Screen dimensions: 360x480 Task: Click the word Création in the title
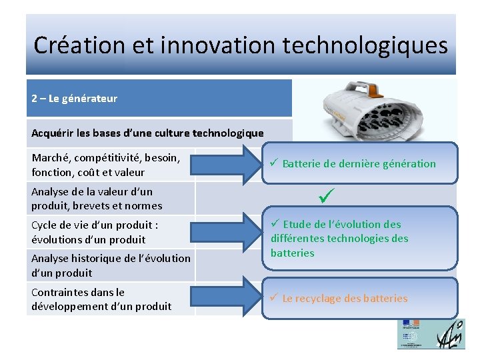click(73, 45)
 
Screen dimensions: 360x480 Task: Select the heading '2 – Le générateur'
click(74, 99)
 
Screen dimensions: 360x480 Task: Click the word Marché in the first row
click(51, 158)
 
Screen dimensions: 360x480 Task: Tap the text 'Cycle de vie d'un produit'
click(91, 225)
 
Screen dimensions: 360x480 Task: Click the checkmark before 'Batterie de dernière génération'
click(273, 163)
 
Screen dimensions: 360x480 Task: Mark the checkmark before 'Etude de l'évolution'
click(275, 224)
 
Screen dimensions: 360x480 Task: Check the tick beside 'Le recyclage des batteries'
click(273, 298)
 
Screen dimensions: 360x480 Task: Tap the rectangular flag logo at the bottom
click(409, 333)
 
